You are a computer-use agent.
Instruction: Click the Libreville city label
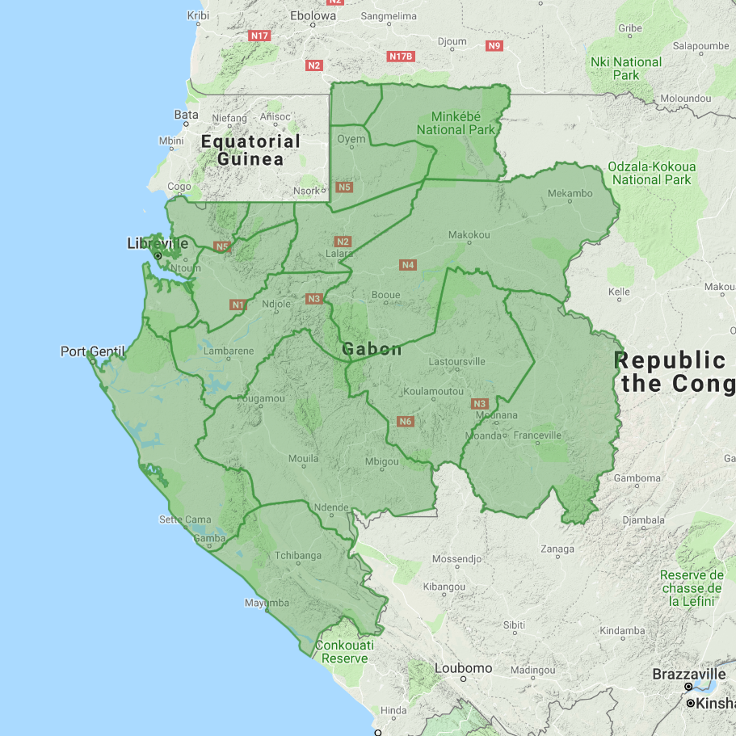(x=158, y=243)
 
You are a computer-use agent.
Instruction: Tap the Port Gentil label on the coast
(x=93, y=351)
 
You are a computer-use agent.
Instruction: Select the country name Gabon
(x=372, y=349)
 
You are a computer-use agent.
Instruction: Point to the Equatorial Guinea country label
(x=250, y=150)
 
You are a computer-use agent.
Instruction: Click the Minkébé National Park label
(x=456, y=123)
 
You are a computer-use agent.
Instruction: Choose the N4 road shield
(x=407, y=265)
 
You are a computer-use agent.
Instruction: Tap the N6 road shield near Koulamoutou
(x=406, y=421)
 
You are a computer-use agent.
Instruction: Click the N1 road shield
(x=238, y=305)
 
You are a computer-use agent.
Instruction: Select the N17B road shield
(x=401, y=57)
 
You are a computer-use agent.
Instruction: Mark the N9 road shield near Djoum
(x=494, y=46)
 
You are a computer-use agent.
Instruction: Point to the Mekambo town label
(x=570, y=194)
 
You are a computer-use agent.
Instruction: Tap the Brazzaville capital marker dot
(x=688, y=687)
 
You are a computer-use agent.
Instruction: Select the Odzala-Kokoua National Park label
(x=651, y=173)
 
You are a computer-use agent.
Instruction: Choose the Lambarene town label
(x=229, y=351)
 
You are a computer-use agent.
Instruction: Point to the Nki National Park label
(x=626, y=69)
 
